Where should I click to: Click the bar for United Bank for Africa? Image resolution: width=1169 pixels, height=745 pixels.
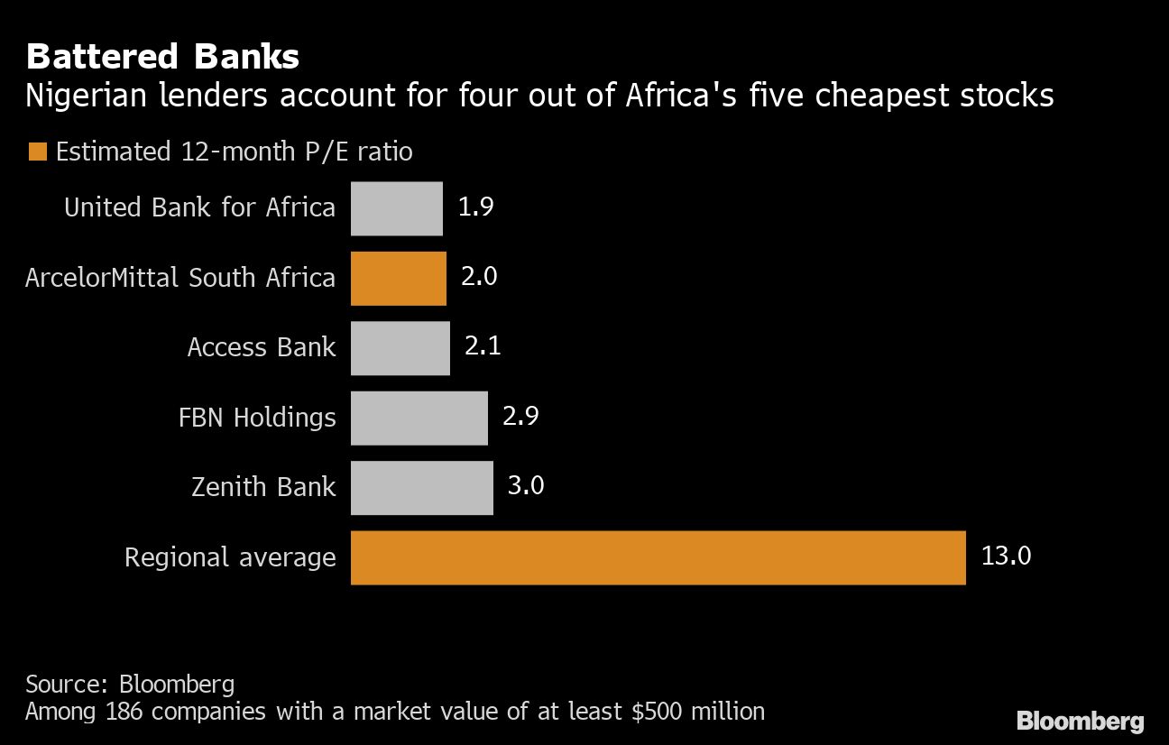pos(397,208)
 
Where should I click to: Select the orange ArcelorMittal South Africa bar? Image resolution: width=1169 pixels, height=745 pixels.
pos(399,278)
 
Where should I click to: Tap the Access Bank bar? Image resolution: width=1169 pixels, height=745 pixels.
pos(400,348)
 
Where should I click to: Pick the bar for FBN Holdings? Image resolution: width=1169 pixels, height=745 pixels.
pos(419,418)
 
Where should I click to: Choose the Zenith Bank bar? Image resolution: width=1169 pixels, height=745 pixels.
pos(422,487)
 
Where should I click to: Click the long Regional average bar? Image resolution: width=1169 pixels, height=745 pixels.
pos(658,557)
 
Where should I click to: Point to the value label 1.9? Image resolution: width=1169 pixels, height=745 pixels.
pos(475,207)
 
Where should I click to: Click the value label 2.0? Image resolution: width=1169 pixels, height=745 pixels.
pos(479,277)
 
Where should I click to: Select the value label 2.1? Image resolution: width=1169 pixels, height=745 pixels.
pos(483,347)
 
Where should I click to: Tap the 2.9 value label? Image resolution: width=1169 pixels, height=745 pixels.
pos(520,417)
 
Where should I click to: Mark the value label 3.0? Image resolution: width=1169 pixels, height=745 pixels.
pos(526,486)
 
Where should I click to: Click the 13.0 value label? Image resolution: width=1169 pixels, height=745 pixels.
pos(1006,556)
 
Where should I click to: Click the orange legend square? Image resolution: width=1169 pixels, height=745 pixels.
pos(37,152)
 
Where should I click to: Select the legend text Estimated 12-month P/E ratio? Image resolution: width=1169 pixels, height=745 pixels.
pos(234,152)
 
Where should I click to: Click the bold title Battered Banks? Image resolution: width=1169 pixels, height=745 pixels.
pos(162,57)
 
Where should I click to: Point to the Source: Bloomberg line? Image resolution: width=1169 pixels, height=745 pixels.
pos(130,683)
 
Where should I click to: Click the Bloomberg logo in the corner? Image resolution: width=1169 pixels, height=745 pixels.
pos(1081,721)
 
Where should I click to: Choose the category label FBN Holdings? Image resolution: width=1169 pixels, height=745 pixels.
pos(257,418)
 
